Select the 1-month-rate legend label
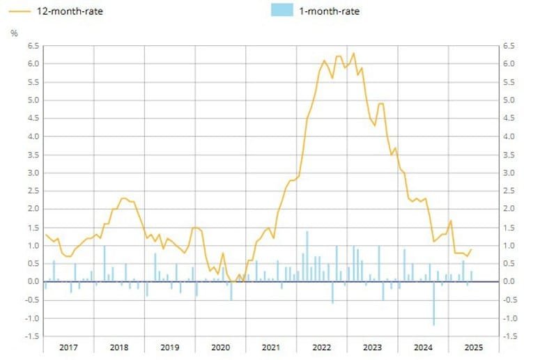(x=329, y=10)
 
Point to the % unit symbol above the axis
(x=14, y=33)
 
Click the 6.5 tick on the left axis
(x=31, y=46)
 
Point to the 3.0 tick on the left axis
(x=31, y=173)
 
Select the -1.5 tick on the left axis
(x=30, y=336)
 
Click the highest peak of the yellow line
(x=353, y=53)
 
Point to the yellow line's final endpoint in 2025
(x=471, y=249)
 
